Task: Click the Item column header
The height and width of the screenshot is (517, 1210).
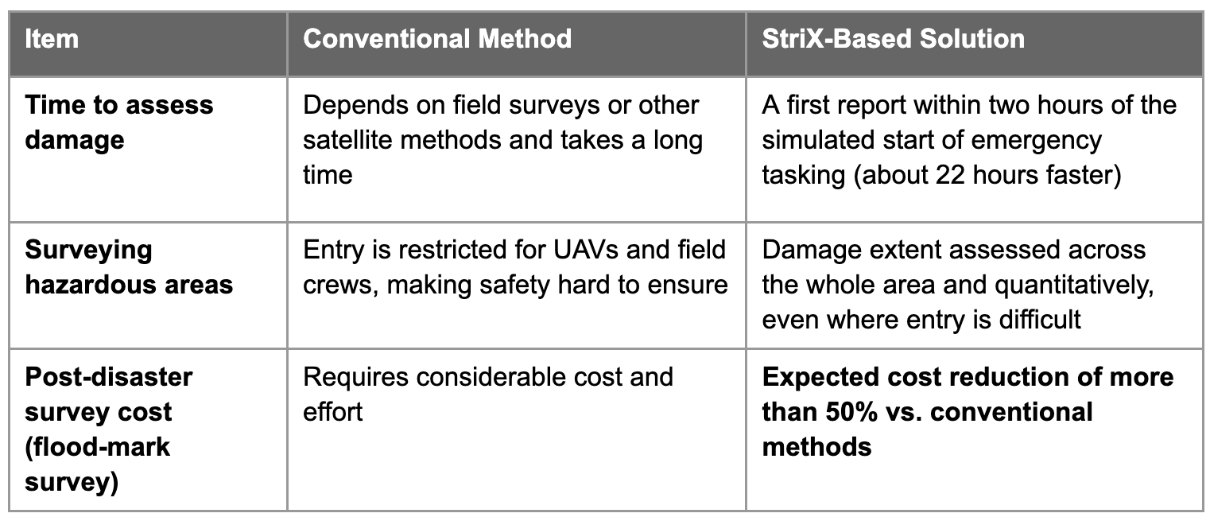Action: click(52, 39)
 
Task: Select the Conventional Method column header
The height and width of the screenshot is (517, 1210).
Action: click(437, 39)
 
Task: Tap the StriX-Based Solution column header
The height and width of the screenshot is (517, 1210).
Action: click(893, 39)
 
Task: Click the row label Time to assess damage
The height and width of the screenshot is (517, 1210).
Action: click(118, 122)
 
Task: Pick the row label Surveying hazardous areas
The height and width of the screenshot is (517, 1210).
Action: click(129, 267)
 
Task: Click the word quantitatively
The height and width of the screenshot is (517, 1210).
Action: click(1074, 286)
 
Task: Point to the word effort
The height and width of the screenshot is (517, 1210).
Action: click(333, 412)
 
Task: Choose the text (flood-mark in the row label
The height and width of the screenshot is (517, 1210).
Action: click(97, 447)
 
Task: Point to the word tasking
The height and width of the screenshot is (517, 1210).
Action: click(803, 176)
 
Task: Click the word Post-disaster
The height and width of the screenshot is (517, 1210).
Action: click(109, 376)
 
